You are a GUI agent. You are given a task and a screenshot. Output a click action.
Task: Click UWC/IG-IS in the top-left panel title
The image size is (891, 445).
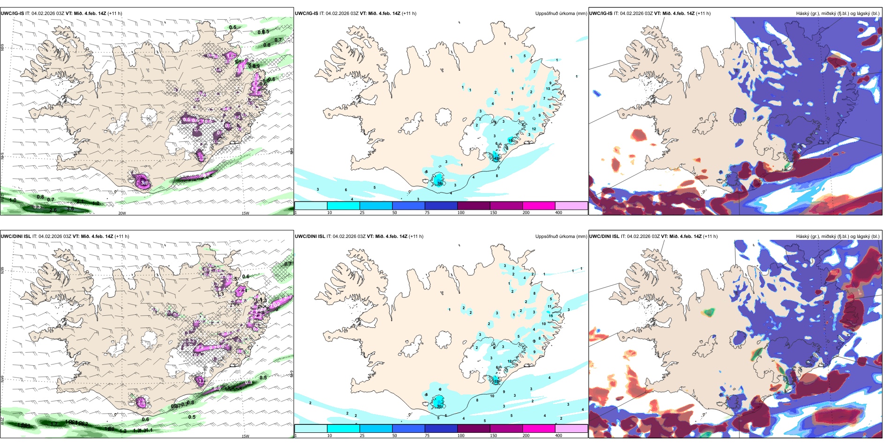[x=12, y=14]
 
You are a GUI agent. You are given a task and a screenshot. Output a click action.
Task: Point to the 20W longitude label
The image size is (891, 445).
[x=122, y=213]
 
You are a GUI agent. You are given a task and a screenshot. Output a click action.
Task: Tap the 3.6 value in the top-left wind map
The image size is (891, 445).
[x=71, y=208]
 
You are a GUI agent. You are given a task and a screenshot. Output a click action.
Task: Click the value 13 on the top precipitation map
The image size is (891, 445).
[x=548, y=89]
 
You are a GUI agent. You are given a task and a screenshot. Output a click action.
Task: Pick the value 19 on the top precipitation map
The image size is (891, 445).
[x=511, y=141]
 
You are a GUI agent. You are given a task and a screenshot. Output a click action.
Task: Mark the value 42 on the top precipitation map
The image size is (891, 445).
[x=497, y=158]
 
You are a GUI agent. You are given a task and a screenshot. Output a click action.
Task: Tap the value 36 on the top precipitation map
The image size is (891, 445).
[x=440, y=183]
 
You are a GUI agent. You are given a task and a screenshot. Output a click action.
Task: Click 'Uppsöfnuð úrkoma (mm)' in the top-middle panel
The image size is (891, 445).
[x=561, y=14]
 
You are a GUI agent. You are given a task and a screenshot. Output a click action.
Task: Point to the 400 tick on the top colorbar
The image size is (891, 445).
[x=559, y=213]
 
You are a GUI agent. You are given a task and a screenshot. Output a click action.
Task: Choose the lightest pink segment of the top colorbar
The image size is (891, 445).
[x=571, y=206]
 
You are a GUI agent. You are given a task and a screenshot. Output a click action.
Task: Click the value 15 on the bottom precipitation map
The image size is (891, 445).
[x=551, y=316]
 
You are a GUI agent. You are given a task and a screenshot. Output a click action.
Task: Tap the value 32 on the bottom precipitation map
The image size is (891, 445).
[x=497, y=381]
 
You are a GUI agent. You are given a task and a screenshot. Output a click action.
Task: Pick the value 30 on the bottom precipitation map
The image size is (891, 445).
[x=439, y=406]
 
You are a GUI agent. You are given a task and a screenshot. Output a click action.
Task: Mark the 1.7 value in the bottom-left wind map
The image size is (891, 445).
[x=54, y=423]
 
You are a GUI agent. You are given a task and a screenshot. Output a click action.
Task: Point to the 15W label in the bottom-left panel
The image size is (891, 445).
[x=245, y=436]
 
